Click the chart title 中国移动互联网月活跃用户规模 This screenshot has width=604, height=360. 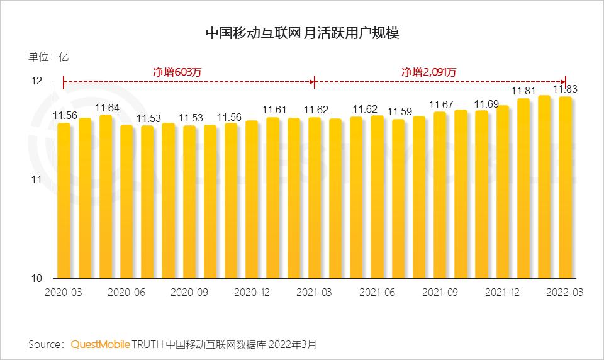pyautogui.click(x=302, y=33)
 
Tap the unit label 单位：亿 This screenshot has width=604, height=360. pyautogui.click(x=48, y=57)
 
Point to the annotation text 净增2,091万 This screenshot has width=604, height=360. pyautogui.click(x=429, y=72)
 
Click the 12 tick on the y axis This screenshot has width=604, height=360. pyautogui.click(x=36, y=81)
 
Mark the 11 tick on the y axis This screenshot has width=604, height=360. pyautogui.click(x=36, y=180)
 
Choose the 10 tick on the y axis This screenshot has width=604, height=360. pyautogui.click(x=36, y=279)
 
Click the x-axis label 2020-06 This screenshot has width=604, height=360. pyautogui.click(x=127, y=293)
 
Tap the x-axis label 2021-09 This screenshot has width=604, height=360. pyautogui.click(x=440, y=293)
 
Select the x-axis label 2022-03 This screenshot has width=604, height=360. pyautogui.click(x=565, y=293)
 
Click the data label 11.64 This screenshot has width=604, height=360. pyautogui.click(x=106, y=108)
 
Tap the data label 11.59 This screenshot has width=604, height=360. pyautogui.click(x=399, y=112)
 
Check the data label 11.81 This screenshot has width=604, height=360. pyautogui.click(x=523, y=92)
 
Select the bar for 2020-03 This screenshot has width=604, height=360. pyautogui.click(x=64, y=201)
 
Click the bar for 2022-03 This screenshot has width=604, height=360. pyautogui.click(x=565, y=189)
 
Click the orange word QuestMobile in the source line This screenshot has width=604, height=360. pyautogui.click(x=101, y=344)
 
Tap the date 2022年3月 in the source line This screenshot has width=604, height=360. pyautogui.click(x=296, y=344)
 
